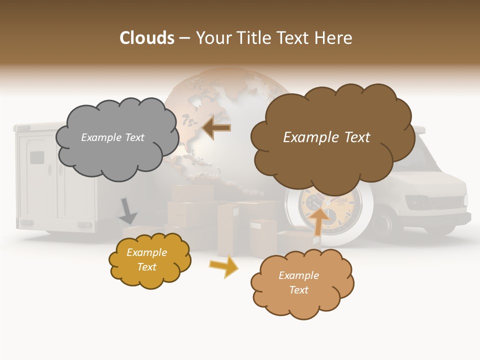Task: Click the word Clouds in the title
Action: tap(147, 38)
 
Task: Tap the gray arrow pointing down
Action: tap(128, 210)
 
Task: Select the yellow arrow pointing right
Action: tap(223, 266)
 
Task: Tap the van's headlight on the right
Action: tap(420, 202)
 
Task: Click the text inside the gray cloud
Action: tap(112, 137)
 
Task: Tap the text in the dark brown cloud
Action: tap(326, 137)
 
